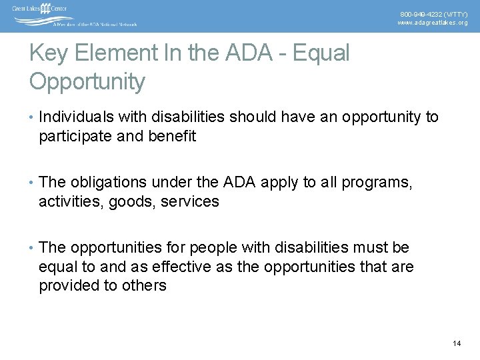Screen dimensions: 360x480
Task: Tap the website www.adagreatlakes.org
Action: click(x=433, y=23)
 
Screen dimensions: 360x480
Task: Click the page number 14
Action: click(x=457, y=343)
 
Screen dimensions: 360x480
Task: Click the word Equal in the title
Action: click(x=319, y=53)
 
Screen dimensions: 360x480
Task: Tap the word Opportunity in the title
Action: click(x=87, y=82)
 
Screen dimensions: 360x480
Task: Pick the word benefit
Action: click(x=173, y=137)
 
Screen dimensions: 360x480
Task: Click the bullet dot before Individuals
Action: click(x=31, y=118)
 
